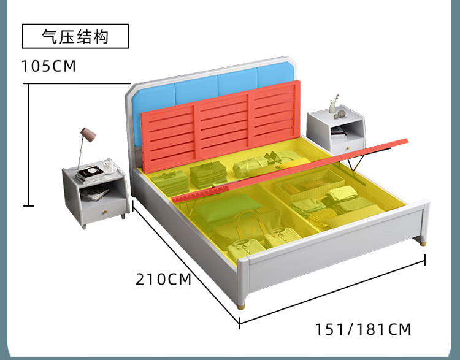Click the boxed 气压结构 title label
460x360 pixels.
point(75,36)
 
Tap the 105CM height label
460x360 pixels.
point(49,66)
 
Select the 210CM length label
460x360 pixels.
point(163,280)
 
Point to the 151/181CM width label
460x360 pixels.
point(363,329)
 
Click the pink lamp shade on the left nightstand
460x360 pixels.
point(87,134)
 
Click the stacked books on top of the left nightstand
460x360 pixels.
point(91,175)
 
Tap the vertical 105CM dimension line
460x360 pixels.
point(27,145)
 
